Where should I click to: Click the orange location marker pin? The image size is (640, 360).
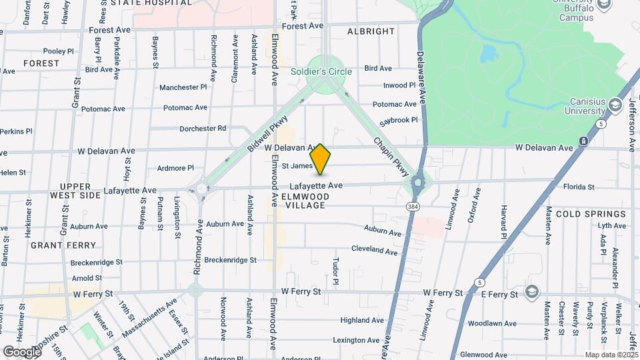point(321,159)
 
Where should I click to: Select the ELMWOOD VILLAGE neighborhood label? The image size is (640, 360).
point(305,201)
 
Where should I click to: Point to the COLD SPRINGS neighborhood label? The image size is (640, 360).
point(591,214)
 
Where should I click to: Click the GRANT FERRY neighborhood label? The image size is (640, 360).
point(63,245)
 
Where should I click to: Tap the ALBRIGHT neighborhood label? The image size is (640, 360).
point(371,31)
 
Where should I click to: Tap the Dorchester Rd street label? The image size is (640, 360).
point(203,128)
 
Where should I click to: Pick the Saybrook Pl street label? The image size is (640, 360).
point(399,120)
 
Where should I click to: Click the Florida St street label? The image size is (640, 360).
point(578,187)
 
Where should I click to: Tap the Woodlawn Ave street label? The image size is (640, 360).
point(492,323)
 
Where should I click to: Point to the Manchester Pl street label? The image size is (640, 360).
point(183,87)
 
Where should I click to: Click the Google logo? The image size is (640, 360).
point(21,351)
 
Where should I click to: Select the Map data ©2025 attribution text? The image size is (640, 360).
point(611,355)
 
